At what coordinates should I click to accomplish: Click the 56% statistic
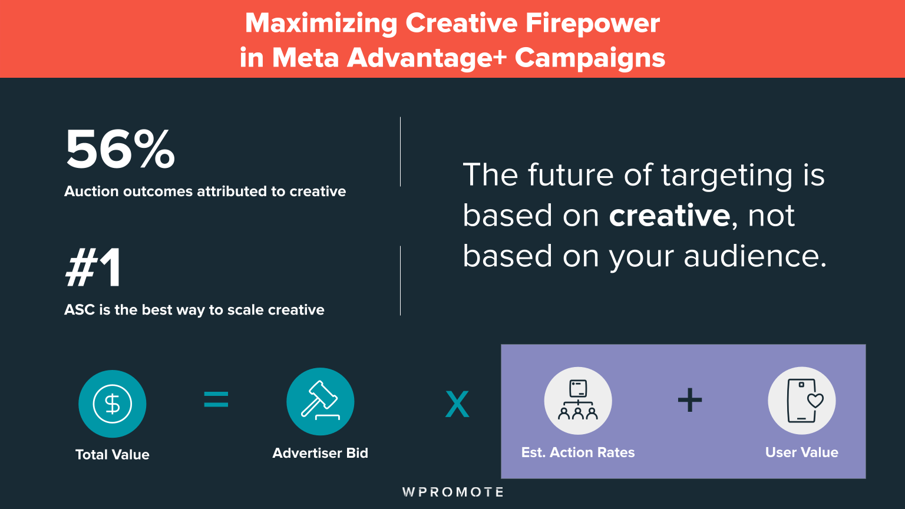click(120, 150)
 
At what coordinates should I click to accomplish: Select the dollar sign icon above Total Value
click(112, 404)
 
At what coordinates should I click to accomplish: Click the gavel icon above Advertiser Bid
click(320, 401)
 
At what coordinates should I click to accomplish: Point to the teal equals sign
click(216, 401)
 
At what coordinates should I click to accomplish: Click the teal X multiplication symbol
click(457, 404)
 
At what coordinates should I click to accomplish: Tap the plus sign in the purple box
click(690, 401)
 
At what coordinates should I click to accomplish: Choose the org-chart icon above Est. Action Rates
click(578, 401)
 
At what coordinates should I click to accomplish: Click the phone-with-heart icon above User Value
click(802, 401)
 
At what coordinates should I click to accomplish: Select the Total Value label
click(112, 454)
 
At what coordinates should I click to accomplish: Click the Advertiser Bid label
click(320, 453)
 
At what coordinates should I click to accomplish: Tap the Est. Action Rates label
click(578, 452)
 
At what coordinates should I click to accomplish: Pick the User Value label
click(802, 452)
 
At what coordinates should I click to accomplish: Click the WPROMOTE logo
click(452, 492)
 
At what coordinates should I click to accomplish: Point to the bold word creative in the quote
click(669, 216)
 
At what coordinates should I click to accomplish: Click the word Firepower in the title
click(593, 24)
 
